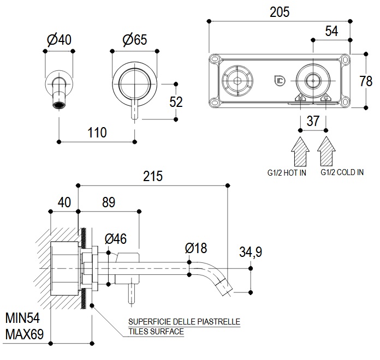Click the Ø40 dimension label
[x=60, y=40]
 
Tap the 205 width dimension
[x=280, y=11]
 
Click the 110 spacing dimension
[x=97, y=132]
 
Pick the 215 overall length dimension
[x=153, y=176]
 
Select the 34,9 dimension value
[x=251, y=252]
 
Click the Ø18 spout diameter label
[x=196, y=248]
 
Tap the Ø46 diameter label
[x=115, y=238]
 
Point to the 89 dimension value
[x=109, y=202]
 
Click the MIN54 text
[x=24, y=317]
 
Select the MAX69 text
[x=25, y=333]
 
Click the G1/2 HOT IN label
[x=287, y=172]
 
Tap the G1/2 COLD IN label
[x=342, y=172]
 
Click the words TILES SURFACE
[x=156, y=331]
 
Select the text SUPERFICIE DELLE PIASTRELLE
[x=184, y=322]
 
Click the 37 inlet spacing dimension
[x=313, y=121]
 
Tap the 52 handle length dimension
[x=176, y=102]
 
